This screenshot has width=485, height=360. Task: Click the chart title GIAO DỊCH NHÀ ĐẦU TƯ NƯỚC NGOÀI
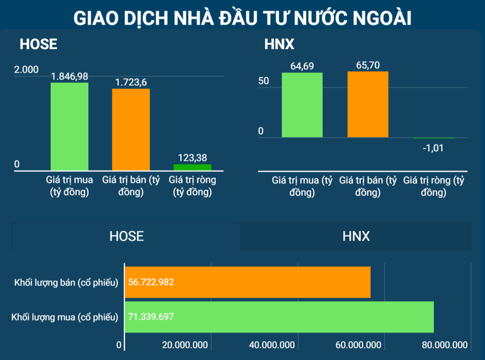click(x=243, y=18)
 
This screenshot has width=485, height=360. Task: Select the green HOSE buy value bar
click(x=69, y=126)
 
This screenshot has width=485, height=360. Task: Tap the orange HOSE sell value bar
click(x=131, y=129)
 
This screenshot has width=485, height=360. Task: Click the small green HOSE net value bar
click(x=192, y=167)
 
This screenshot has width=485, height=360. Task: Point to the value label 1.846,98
click(x=69, y=76)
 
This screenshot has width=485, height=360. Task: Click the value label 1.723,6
click(x=131, y=82)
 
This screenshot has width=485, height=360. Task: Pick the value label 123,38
click(x=192, y=158)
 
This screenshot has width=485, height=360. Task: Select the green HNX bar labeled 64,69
click(x=302, y=105)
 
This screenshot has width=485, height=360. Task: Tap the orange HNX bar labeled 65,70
click(x=368, y=104)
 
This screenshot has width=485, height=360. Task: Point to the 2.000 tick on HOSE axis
click(x=26, y=69)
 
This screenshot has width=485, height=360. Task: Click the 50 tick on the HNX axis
click(x=264, y=81)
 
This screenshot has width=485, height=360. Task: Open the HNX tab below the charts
click(x=356, y=236)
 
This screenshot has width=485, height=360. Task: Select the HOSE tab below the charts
click(x=127, y=236)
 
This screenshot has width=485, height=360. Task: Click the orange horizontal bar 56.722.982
click(x=248, y=282)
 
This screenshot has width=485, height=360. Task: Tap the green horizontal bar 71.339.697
click(x=280, y=316)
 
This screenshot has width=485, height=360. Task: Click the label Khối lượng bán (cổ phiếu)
click(x=66, y=282)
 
